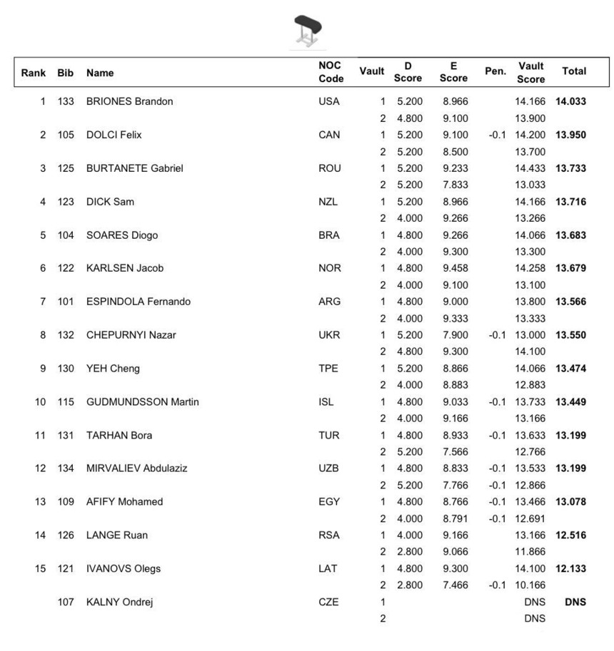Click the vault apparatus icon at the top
tap(307, 31)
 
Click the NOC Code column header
tap(331, 72)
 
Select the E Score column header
tap(453, 72)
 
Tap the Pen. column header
tap(495, 71)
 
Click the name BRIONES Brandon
tap(129, 101)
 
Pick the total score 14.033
tap(570, 101)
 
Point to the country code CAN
tap(329, 135)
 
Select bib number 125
tap(66, 168)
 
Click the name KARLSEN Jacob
tap(125, 268)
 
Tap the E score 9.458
tap(454, 268)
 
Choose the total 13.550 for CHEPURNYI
tap(570, 335)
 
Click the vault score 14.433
tap(530, 168)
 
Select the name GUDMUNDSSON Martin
tap(142, 402)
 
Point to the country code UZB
tap(329, 468)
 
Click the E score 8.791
tap(454, 518)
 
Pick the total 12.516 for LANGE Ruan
tap(570, 535)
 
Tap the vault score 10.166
tap(530, 585)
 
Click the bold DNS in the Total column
tap(575, 602)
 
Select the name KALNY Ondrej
tap(119, 602)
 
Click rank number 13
tap(40, 502)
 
